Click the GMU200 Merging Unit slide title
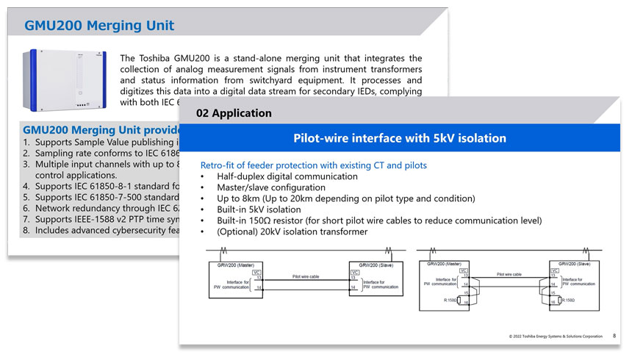tap(99, 26)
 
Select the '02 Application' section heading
tap(234, 113)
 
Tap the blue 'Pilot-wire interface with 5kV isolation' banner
tap(400, 138)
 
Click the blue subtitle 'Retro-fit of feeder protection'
tap(313, 165)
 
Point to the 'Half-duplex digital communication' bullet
tap(287, 176)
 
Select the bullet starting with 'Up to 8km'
tap(345, 198)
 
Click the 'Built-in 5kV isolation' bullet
tap(259, 209)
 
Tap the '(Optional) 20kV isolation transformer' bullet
tap(292, 232)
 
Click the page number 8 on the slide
tap(614, 336)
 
